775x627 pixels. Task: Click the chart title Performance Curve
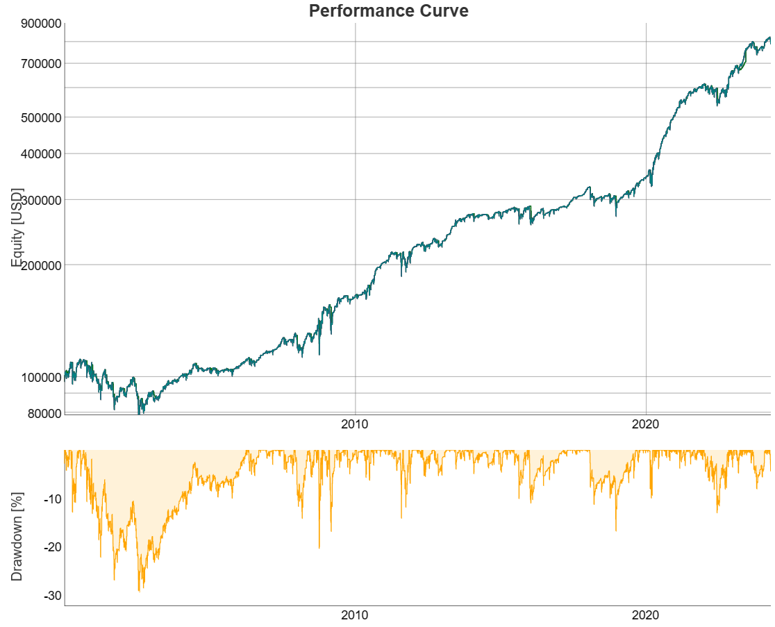(388, 11)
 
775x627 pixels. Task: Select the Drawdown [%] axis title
(17, 528)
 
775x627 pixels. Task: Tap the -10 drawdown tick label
(53, 499)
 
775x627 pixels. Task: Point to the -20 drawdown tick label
(53, 547)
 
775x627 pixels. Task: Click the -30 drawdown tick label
(53, 596)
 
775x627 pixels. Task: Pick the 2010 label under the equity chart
(355, 424)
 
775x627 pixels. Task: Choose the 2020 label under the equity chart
(646, 424)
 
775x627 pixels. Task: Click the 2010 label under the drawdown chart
(355, 615)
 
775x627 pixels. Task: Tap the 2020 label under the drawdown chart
(646, 615)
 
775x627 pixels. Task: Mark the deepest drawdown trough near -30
(139, 591)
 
